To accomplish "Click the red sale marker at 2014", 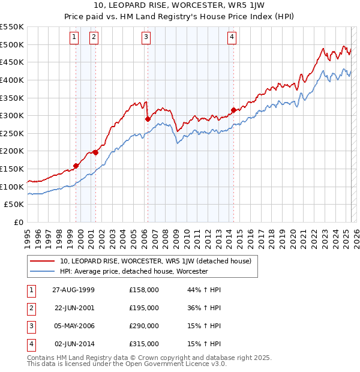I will click(x=233, y=110).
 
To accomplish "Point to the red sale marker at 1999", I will click(x=76, y=166).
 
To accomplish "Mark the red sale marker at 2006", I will click(x=148, y=119).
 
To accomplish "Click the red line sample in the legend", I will click(x=43, y=261).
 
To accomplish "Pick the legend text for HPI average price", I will click(x=133, y=271).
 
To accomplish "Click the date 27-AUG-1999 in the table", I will click(x=74, y=290).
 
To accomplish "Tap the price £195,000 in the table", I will click(x=144, y=308).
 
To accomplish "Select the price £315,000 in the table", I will click(x=144, y=344).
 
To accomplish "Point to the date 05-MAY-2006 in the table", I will click(x=74, y=326).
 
